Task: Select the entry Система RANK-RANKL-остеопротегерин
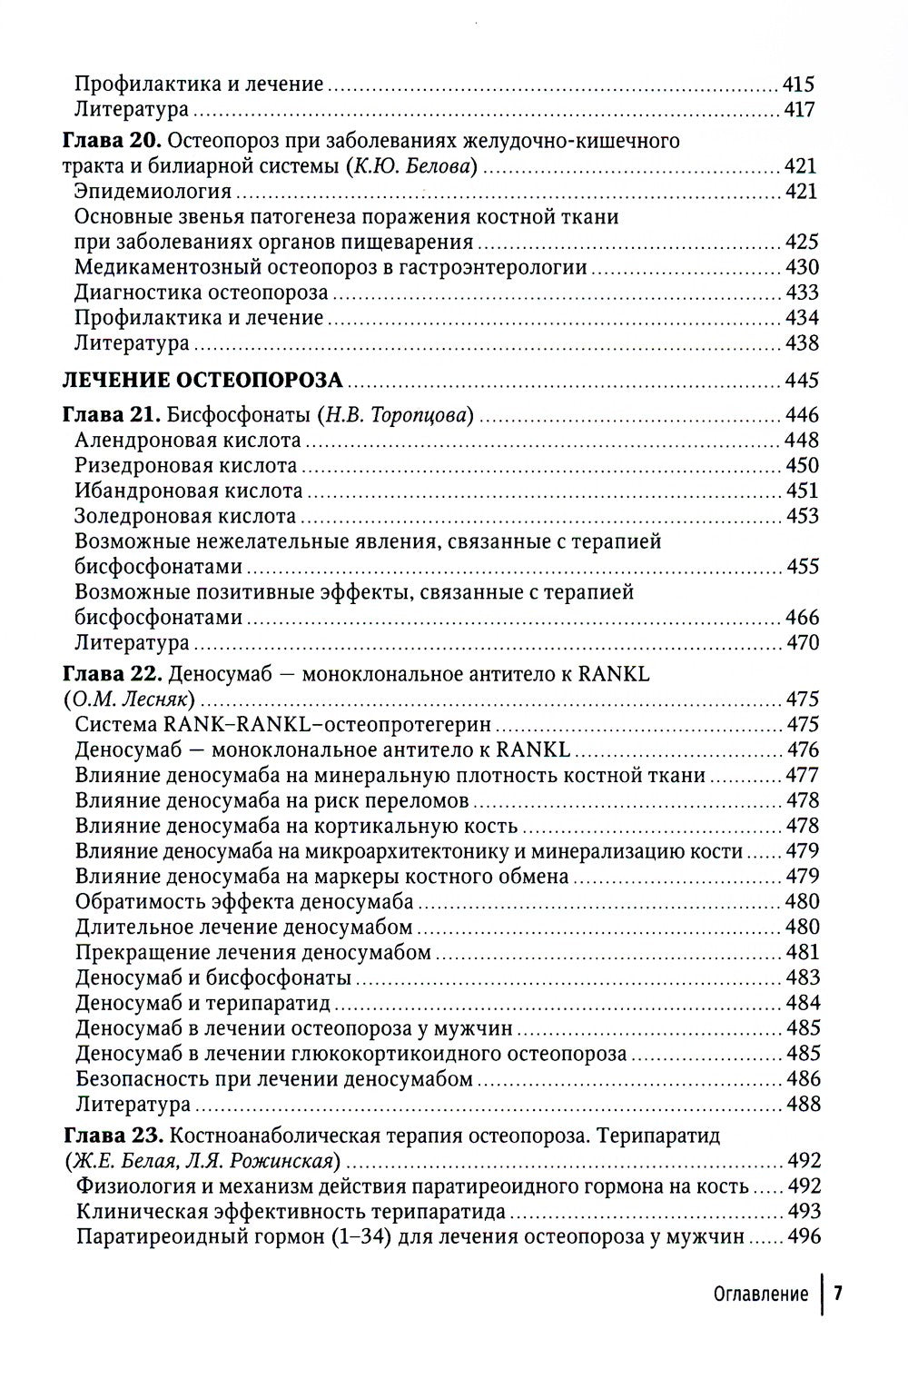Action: click(x=284, y=725)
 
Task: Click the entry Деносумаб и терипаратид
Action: click(x=203, y=1004)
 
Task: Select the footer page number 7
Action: click(x=839, y=1295)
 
